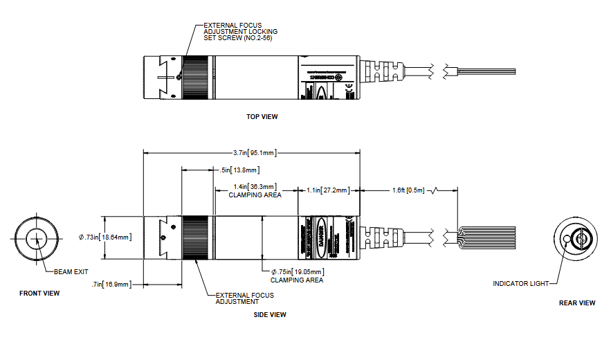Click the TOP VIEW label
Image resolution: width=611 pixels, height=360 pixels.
[x=262, y=117]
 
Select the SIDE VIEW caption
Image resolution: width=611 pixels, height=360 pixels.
[x=271, y=315]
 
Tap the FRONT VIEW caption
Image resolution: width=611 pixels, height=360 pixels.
[x=39, y=294]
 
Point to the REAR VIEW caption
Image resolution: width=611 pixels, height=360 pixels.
[x=577, y=303]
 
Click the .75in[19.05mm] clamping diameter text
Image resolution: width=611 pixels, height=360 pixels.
[x=297, y=273]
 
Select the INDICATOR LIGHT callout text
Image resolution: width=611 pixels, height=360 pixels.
[x=521, y=284]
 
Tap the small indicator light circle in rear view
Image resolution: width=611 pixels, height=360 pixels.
[x=567, y=240]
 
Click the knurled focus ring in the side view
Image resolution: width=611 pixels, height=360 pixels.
[x=197, y=238]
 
